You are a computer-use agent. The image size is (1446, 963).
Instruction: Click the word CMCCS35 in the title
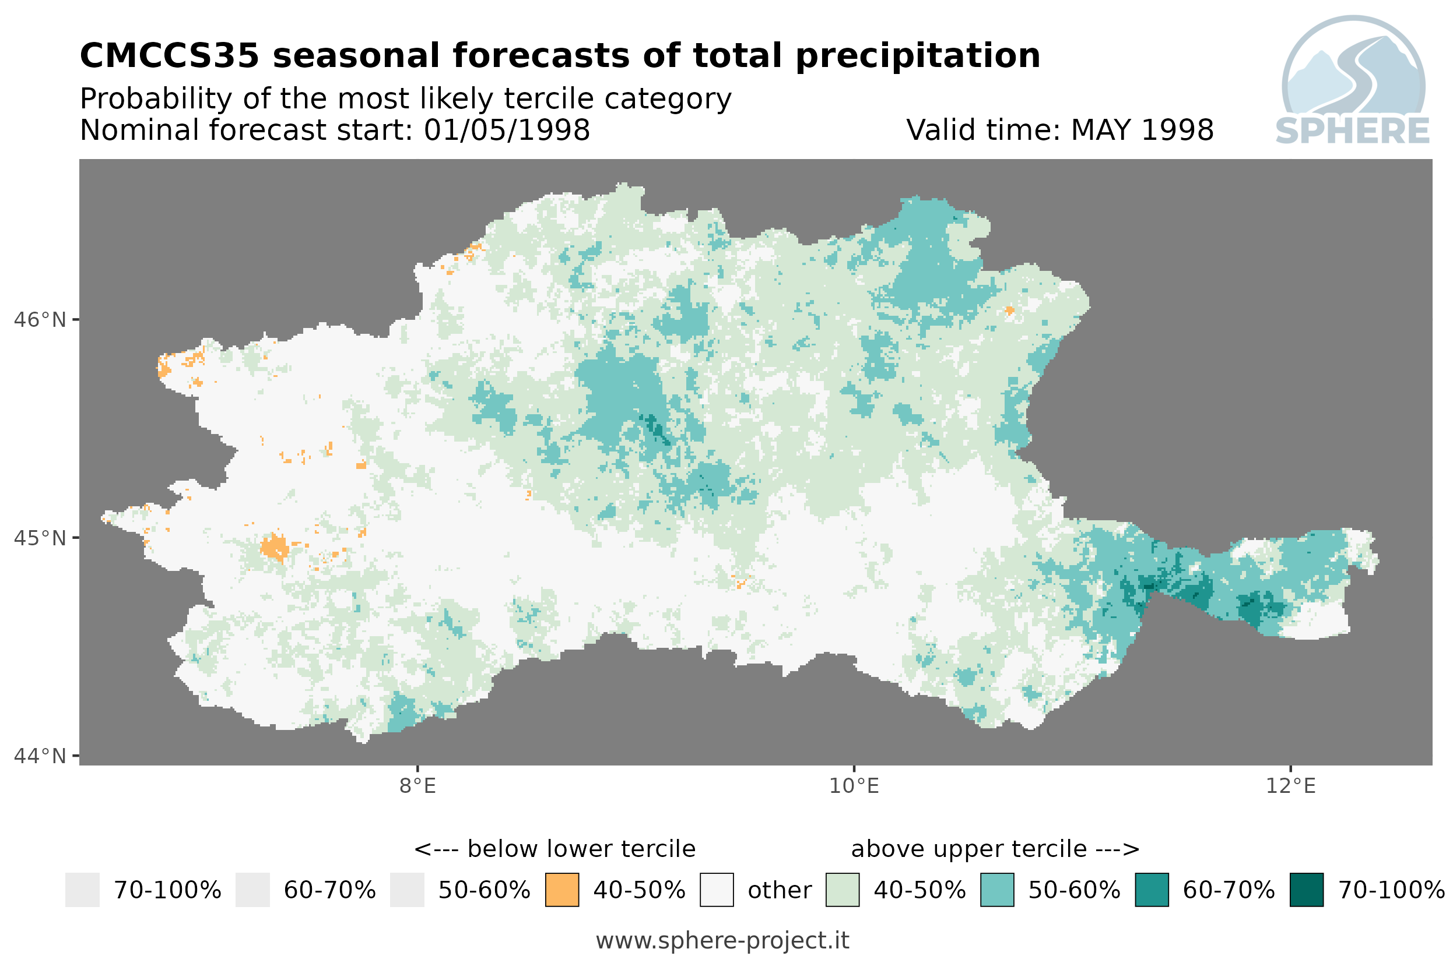(170, 56)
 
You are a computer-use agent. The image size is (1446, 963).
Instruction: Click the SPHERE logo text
(1352, 131)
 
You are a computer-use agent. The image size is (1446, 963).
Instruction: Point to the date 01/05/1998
(506, 130)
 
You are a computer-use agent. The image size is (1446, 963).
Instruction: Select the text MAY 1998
(1142, 130)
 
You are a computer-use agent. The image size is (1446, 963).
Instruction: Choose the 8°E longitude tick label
(417, 786)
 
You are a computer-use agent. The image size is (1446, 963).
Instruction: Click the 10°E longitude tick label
(854, 786)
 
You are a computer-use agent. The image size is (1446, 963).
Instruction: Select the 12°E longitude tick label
(1290, 786)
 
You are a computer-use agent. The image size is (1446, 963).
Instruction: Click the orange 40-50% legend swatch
(561, 890)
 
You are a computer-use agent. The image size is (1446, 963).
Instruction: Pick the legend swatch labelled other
(717, 890)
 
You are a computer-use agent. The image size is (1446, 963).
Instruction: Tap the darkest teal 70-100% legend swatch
(1307, 890)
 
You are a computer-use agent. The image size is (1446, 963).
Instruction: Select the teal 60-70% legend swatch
(1152, 890)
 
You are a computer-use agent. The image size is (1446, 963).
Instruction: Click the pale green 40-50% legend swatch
(843, 890)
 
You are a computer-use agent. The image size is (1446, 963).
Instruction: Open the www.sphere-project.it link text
(722, 941)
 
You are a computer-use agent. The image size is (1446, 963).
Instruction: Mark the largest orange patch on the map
(275, 546)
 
